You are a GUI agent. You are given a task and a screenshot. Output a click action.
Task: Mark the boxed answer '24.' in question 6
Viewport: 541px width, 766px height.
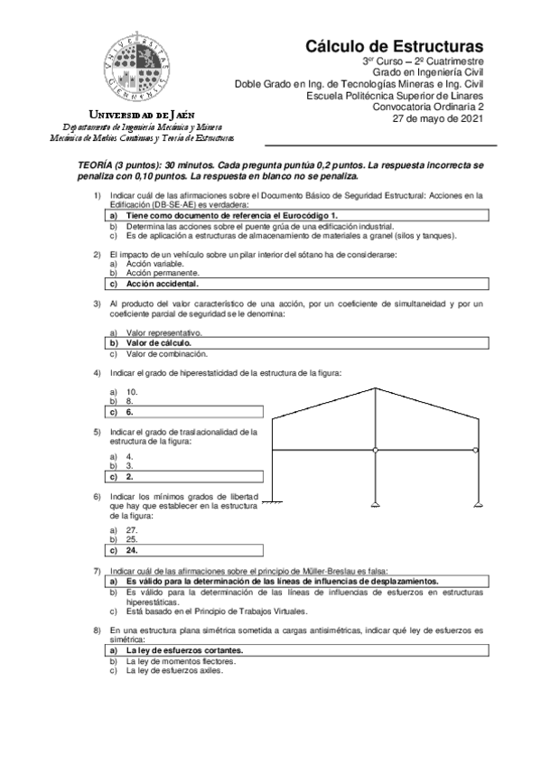pyautogui.click(x=131, y=548)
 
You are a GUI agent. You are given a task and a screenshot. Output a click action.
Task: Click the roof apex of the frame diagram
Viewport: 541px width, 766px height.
pyautogui.click(x=374, y=389)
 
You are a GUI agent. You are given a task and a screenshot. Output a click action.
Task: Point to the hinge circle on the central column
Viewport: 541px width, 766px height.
pyautogui.click(x=374, y=450)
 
